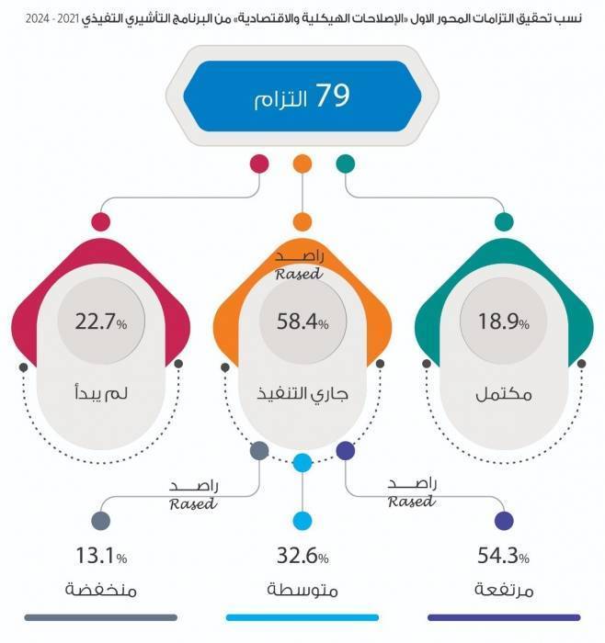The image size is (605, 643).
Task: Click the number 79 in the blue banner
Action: coord(333,96)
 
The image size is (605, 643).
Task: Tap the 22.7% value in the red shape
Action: coord(101,321)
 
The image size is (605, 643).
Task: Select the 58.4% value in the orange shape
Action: coord(302,321)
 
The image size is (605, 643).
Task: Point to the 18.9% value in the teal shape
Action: coord(504,321)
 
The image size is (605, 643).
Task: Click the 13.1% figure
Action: coord(101,556)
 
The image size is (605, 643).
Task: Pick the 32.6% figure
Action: coord(302,556)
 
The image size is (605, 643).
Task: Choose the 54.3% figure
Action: coord(504,556)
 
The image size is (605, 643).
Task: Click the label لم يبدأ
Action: coord(101,393)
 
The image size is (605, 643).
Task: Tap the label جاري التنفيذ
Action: coord(302,394)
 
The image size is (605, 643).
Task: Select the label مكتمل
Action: coord(504,394)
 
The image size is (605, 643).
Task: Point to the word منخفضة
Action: coord(101,590)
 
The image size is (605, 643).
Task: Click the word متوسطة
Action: coord(302,590)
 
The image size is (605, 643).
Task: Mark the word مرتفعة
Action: coord(504,590)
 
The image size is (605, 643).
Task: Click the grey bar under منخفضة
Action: coord(101,617)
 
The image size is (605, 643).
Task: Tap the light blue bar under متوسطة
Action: coord(302,617)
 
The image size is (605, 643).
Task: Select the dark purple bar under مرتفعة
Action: coord(504,617)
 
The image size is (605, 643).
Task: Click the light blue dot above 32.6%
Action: coord(302,521)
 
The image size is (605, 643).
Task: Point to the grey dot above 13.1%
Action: coord(101,521)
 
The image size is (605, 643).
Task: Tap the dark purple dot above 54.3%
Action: coord(504,521)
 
